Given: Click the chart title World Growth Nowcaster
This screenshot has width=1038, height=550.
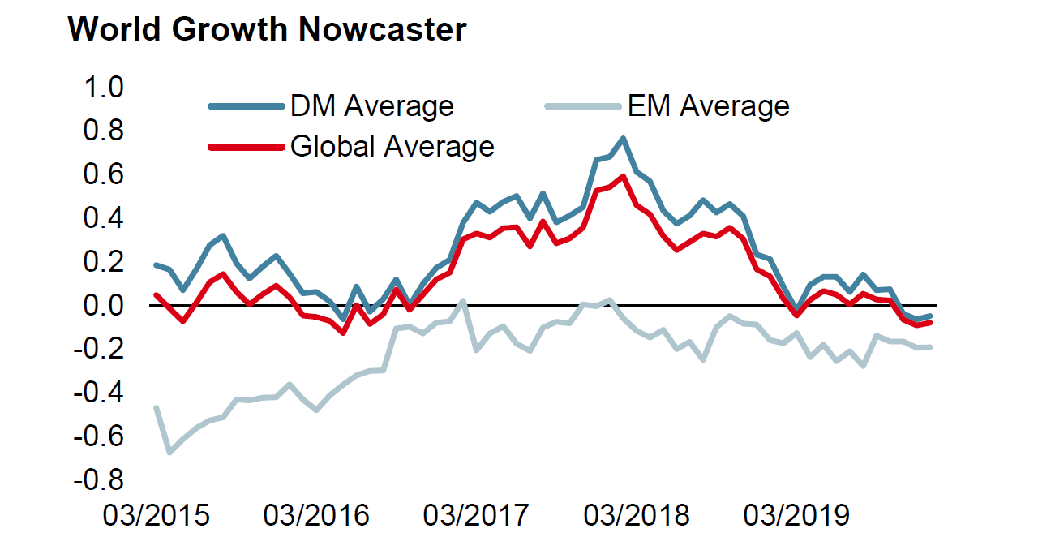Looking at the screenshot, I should click(x=267, y=29).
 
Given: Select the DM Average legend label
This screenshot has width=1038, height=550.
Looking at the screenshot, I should click(x=371, y=105).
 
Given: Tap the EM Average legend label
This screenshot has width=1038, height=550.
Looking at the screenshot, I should click(x=708, y=105).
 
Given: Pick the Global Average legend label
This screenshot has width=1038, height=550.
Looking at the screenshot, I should click(x=392, y=147).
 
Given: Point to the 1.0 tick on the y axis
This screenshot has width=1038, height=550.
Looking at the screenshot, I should click(x=101, y=87).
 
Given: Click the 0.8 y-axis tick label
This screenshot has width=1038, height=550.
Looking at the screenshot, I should click(x=101, y=131).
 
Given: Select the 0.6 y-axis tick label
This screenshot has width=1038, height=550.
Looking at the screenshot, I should click(x=101, y=174).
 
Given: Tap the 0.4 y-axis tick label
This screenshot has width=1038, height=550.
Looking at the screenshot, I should click(x=101, y=218).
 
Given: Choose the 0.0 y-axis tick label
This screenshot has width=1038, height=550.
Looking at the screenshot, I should click(x=101, y=306).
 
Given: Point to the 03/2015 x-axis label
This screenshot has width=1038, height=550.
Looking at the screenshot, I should click(x=157, y=515).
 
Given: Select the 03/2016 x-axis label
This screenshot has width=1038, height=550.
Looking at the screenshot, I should click(x=316, y=515).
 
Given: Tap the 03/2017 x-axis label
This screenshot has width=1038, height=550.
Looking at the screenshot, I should click(x=476, y=515).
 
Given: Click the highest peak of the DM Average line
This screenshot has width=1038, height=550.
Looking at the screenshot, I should click(x=623, y=139).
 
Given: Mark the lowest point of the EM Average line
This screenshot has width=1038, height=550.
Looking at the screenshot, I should click(x=169, y=452).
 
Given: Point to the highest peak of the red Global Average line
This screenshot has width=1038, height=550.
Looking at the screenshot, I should click(x=623, y=176).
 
